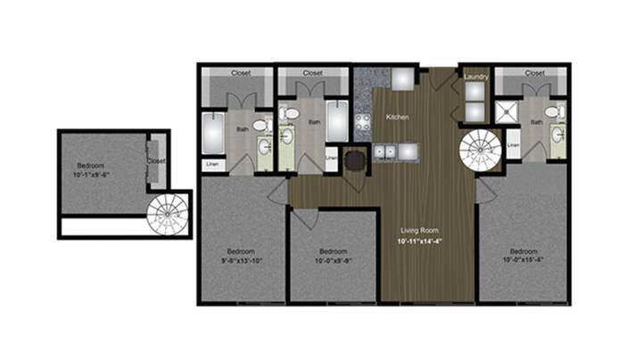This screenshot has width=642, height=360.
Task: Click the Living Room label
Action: coord(416,231)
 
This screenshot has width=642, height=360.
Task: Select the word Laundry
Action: coord(475,78)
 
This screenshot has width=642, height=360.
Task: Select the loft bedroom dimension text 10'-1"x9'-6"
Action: coord(94,176)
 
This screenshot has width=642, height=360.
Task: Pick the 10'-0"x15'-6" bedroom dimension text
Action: coord(523,261)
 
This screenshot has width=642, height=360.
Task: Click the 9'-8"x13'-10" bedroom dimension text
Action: coord(243,261)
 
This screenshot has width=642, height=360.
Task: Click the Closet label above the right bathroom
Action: coord(535,73)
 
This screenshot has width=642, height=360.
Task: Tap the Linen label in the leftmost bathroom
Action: coord(212,164)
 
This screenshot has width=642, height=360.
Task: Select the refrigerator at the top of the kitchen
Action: coord(401,78)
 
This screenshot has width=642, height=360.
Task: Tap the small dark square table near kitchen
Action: coord(355,160)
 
